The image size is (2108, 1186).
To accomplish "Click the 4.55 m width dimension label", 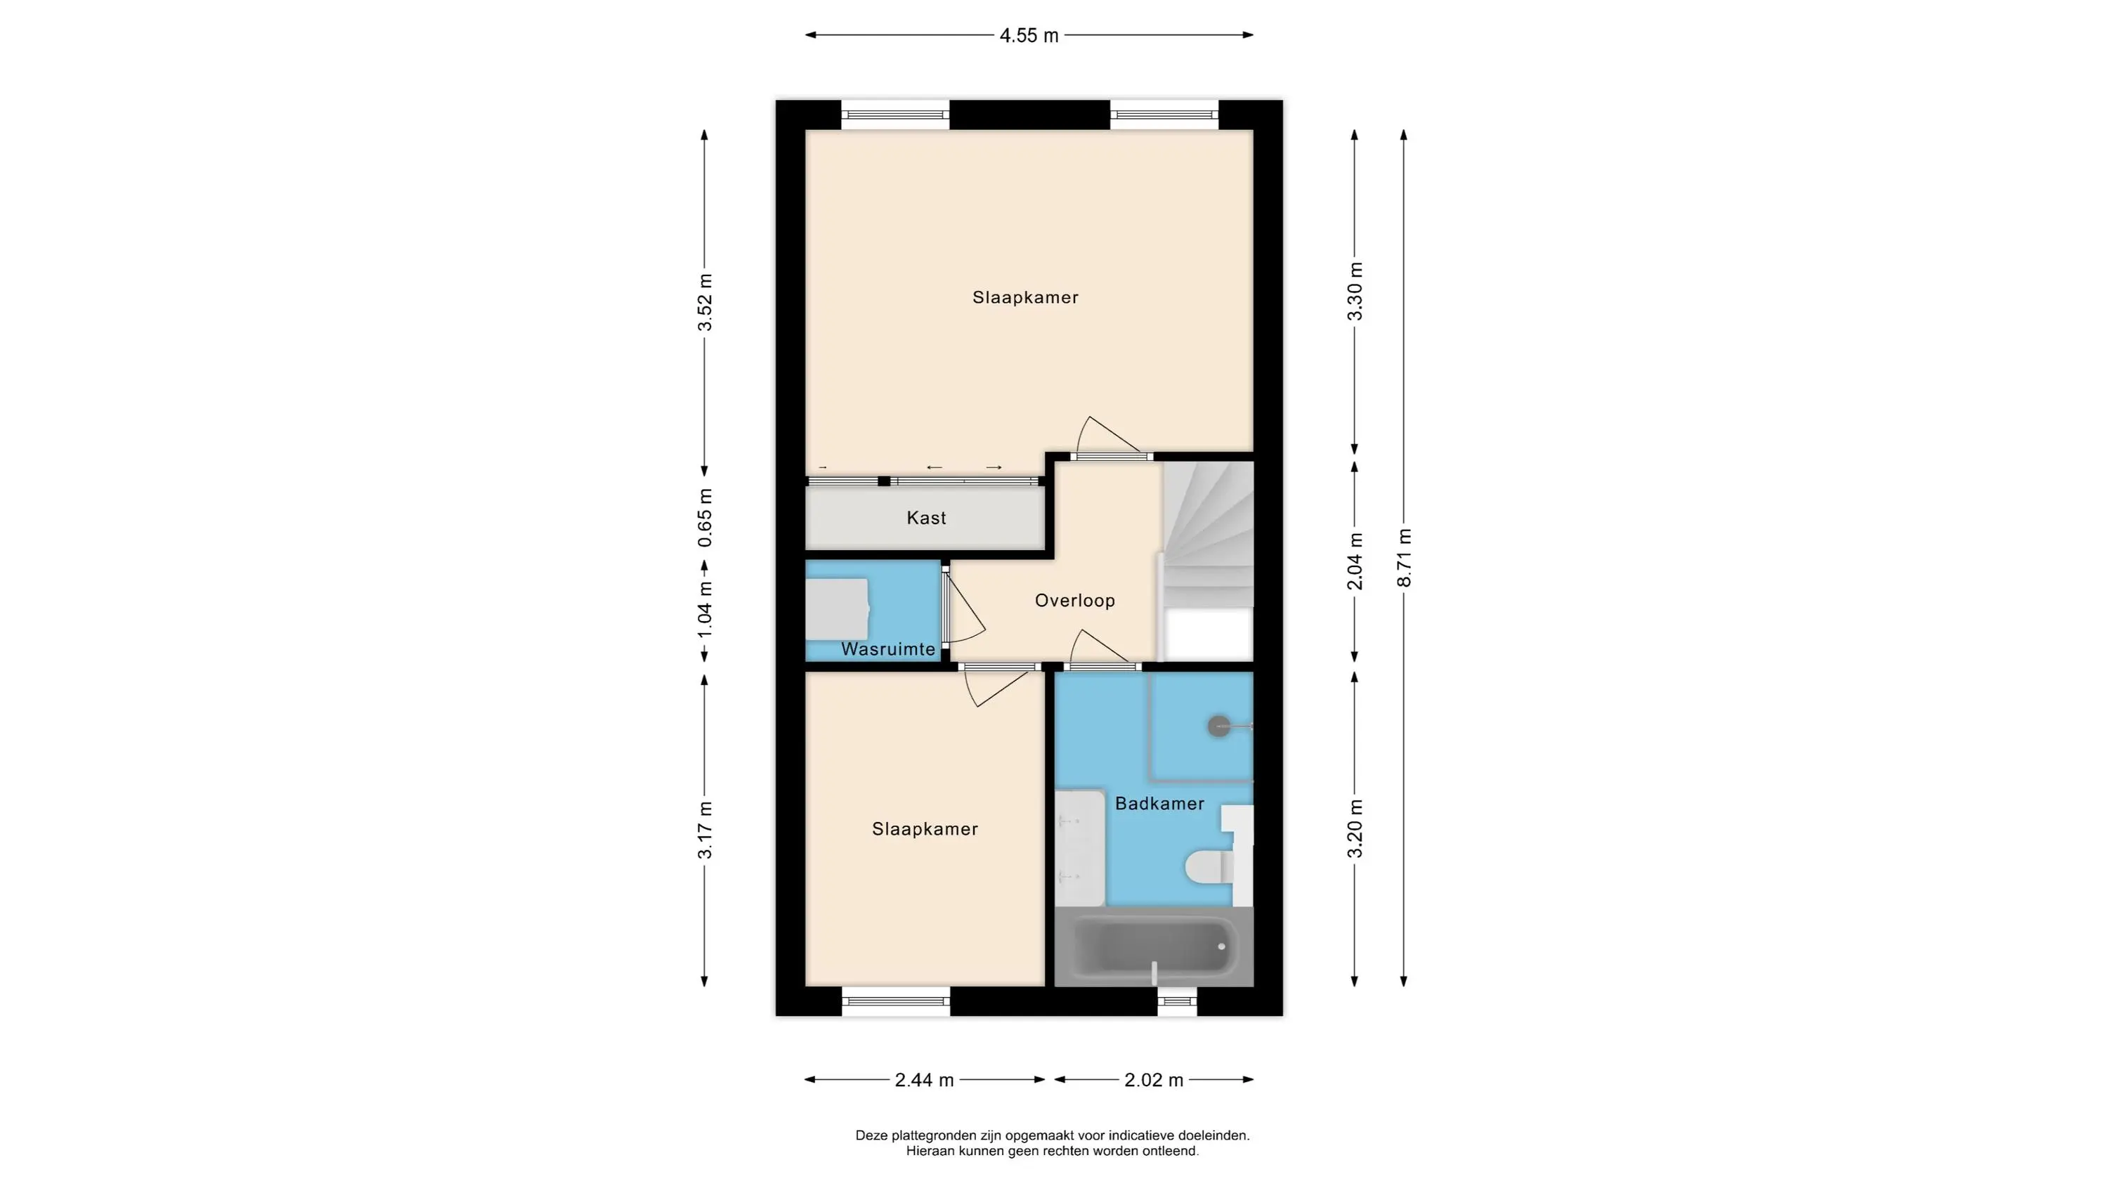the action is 1029,36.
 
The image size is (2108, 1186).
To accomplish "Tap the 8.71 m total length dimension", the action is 1404,557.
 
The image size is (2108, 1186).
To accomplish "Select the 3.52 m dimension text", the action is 705,302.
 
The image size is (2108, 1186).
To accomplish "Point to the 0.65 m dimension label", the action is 705,518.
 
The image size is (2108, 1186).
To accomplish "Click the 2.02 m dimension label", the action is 1154,1081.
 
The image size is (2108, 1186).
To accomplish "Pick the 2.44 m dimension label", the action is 924,1081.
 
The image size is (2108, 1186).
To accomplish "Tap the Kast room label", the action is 926,518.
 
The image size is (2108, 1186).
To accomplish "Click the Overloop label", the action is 1074,601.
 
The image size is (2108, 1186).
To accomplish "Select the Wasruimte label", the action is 888,650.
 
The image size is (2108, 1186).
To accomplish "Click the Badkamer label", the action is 1159,804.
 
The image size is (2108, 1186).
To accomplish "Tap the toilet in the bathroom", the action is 1209,867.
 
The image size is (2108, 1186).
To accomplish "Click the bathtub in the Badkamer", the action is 1154,946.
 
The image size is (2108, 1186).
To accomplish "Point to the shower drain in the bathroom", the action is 1219,725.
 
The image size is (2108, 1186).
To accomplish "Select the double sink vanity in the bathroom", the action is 1079,848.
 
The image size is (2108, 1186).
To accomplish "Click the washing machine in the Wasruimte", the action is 836,609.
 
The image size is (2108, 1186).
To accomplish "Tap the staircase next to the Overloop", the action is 1209,561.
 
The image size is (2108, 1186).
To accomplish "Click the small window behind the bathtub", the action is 1177,1002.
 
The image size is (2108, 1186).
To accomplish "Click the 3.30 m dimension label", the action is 1355,292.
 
